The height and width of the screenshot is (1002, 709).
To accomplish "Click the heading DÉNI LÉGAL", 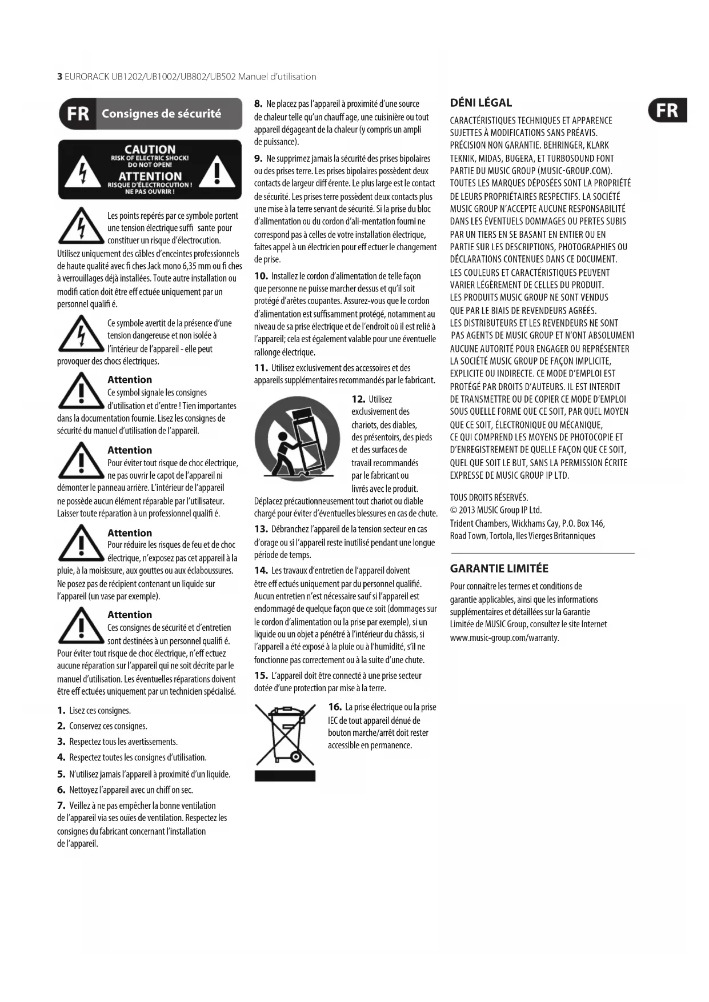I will coord(480,103).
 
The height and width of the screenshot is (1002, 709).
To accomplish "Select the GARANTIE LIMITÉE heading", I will coord(499,568).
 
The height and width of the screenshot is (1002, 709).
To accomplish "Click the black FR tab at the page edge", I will coord(668,110).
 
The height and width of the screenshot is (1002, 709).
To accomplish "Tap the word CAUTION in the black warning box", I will coord(150,150).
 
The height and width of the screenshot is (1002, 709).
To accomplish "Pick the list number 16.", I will coord(335,707).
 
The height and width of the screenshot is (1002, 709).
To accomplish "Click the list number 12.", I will coord(358,399).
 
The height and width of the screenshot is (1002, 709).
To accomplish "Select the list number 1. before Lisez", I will coord(61,711).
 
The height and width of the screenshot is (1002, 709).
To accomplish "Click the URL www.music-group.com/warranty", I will coord(504,638).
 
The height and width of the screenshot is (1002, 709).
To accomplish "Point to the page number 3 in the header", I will coord(59,77).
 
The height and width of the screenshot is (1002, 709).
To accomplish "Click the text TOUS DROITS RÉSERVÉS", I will coord(489,498).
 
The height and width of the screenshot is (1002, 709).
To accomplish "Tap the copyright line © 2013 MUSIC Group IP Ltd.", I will coord(495,510).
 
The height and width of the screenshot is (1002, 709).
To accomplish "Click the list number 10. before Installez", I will coord(261,276).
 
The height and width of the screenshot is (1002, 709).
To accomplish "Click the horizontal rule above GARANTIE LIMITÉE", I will coord(543,553).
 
